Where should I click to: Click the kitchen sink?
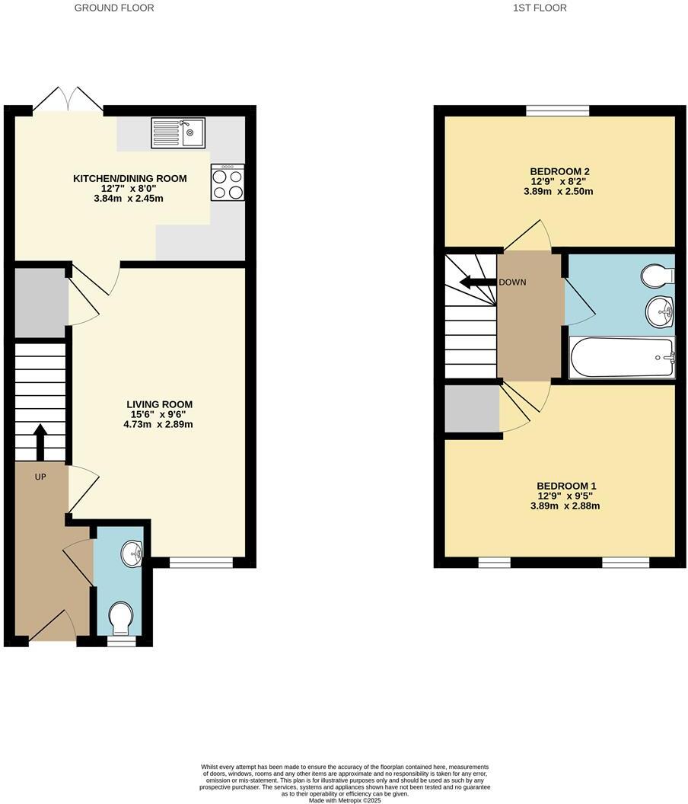click(x=178, y=132)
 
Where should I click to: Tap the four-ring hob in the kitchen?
click(x=228, y=183)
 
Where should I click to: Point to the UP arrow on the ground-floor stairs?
click(x=40, y=442)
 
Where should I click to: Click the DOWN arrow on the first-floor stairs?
click(x=475, y=282)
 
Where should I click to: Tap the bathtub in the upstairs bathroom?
click(x=622, y=358)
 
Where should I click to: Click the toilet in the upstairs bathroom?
click(x=656, y=276)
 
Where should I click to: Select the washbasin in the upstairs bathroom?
click(x=659, y=311)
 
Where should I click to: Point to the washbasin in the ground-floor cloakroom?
click(x=132, y=554)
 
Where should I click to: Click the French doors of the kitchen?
click(x=68, y=102)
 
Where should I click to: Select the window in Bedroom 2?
click(x=557, y=110)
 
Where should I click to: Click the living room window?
click(x=201, y=563)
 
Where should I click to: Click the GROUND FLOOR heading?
click(x=114, y=8)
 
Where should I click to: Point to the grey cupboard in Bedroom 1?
click(x=472, y=409)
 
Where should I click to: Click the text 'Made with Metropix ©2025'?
click(x=344, y=800)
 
